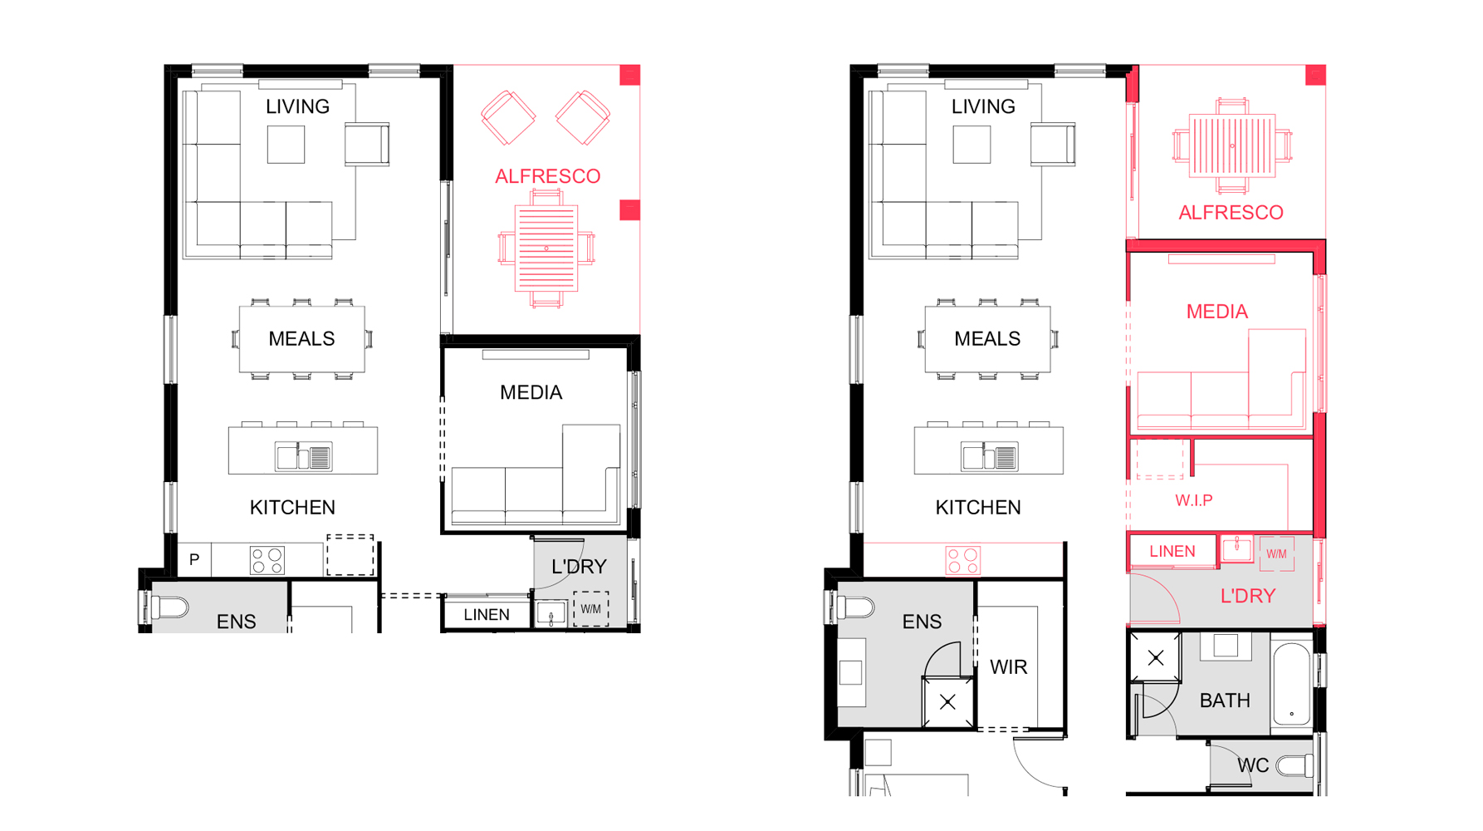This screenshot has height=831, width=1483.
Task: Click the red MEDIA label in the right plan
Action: tap(1216, 312)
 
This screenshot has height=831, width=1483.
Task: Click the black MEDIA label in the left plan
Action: tap(531, 392)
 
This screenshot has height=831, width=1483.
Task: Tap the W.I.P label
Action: tap(1193, 500)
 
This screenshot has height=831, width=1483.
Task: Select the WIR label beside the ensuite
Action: tap(1008, 667)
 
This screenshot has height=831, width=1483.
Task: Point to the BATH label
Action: tap(1225, 701)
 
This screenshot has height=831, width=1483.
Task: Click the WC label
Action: tap(1253, 765)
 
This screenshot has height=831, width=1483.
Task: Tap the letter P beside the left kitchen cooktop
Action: tap(193, 559)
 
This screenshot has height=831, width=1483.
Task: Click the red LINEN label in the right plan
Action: tap(1172, 552)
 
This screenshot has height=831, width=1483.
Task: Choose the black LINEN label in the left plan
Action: tap(487, 615)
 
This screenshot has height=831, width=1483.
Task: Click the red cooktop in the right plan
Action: tap(963, 561)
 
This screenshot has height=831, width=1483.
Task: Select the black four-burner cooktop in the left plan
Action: tap(267, 560)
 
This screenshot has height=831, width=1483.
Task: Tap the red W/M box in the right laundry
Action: tap(1276, 553)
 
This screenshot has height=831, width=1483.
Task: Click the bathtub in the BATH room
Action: tap(1291, 682)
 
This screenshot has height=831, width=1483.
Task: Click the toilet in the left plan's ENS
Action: tap(168, 608)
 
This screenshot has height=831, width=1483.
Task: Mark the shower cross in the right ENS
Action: tap(947, 703)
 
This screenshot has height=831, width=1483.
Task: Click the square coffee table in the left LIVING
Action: tap(286, 145)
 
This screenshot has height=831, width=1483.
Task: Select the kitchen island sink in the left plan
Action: tap(303, 456)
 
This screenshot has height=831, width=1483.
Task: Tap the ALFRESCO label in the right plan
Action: tap(1231, 213)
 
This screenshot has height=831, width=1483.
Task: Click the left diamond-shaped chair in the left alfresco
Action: tap(508, 118)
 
